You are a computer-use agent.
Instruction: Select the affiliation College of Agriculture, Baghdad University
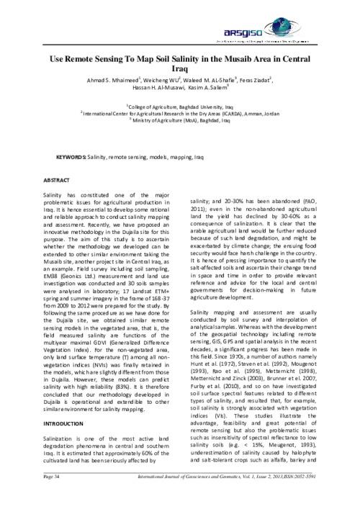[179, 105]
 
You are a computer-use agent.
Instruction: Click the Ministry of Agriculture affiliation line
[180, 120]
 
